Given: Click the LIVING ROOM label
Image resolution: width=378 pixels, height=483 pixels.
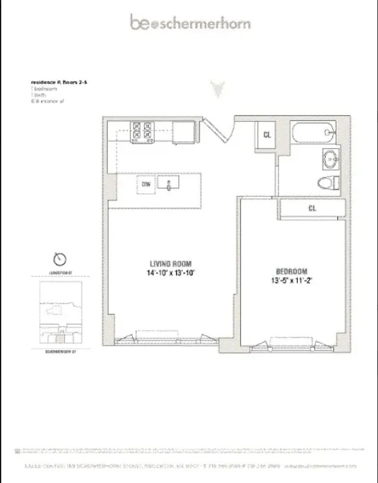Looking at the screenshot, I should [171, 263].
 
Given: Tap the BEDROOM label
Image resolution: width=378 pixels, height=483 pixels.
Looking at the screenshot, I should [292, 271].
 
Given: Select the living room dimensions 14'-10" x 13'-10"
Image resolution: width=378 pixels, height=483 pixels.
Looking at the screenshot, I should [171, 273].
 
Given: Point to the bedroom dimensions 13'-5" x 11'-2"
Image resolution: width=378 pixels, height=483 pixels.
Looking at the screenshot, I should [292, 281].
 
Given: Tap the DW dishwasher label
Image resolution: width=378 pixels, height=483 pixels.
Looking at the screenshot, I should [145, 184].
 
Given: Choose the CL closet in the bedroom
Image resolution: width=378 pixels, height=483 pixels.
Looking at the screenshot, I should [312, 208].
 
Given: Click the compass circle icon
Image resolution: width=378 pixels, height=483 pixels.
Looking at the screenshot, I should [60, 258].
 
